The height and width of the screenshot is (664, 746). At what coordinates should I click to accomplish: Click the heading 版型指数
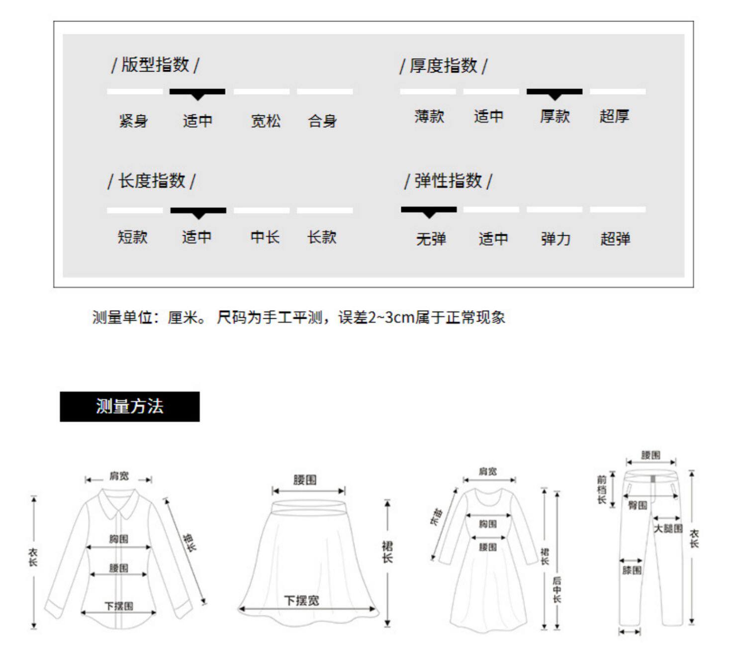point(155,65)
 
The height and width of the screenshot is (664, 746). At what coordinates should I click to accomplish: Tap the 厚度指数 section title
point(443,66)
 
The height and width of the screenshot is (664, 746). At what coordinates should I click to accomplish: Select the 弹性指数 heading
point(448,181)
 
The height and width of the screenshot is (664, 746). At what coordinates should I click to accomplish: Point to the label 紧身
point(133,121)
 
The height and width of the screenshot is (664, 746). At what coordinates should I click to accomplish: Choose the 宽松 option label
point(266,121)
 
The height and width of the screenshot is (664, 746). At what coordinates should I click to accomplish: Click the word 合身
point(322,121)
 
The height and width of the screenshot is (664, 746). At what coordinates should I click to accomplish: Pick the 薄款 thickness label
point(429,116)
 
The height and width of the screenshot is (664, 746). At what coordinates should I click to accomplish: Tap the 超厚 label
point(614,116)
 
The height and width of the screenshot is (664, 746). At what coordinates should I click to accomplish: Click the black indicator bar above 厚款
point(554,92)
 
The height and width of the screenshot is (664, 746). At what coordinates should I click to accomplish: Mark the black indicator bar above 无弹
point(429,209)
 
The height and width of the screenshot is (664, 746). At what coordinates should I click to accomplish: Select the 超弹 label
point(615,239)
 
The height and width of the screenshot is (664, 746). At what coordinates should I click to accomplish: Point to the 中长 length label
point(265,237)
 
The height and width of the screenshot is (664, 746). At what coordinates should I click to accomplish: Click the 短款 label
point(133,237)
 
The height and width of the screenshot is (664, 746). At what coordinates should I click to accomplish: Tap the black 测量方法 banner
point(129,406)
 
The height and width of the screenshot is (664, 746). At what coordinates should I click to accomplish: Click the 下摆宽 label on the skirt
point(301,600)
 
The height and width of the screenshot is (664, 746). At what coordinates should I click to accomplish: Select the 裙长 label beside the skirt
point(387,552)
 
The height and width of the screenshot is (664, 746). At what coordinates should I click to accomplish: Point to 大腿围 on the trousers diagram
point(667,528)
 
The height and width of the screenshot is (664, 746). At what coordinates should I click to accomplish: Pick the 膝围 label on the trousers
point(632,570)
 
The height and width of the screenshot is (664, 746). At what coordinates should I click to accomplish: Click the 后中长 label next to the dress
point(557,589)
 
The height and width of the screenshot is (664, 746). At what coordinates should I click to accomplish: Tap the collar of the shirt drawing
point(118,502)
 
